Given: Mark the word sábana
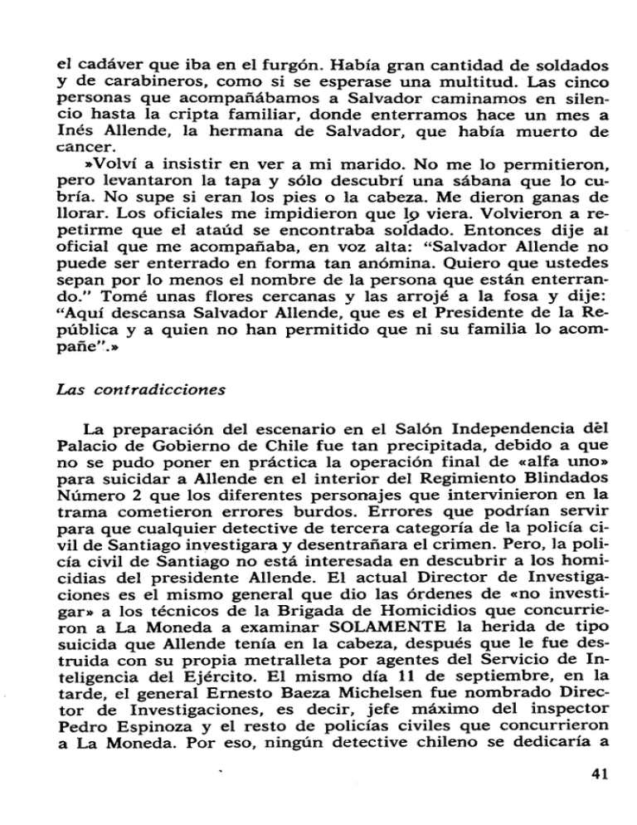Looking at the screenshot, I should (x=430, y=176).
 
